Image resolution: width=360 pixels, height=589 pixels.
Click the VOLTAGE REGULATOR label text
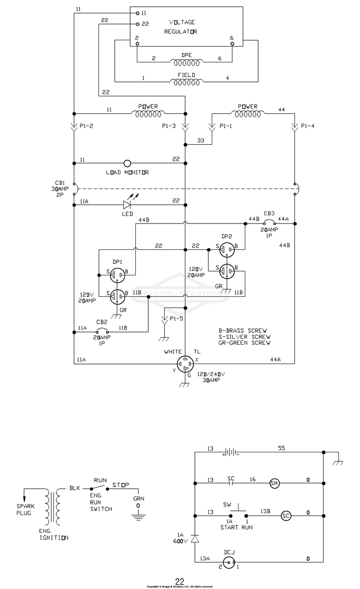click(x=181, y=27)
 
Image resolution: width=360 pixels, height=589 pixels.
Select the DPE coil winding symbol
click(x=186, y=62)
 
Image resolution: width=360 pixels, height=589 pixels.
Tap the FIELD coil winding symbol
click(x=186, y=82)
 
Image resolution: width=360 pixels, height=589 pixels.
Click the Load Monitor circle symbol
click(x=127, y=164)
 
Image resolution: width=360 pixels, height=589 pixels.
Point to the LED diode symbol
click(x=127, y=205)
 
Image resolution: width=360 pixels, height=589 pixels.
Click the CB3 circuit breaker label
click(x=269, y=213)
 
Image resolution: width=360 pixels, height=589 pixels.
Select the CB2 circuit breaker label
click(x=102, y=322)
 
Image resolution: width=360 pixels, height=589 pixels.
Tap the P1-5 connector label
click(x=176, y=318)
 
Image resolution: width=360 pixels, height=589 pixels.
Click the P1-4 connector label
click(x=308, y=126)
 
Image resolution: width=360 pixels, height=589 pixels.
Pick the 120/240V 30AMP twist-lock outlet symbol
click(x=185, y=364)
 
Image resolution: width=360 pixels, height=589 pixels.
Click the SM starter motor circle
click(x=275, y=483)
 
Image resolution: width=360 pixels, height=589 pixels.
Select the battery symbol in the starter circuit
click(x=231, y=452)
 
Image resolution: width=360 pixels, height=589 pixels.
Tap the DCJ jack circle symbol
click(x=229, y=563)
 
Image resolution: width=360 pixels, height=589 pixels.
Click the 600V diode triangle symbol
click(x=195, y=539)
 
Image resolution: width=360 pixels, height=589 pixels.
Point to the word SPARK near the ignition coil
click(x=25, y=506)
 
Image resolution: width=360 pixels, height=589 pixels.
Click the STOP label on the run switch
click(x=121, y=484)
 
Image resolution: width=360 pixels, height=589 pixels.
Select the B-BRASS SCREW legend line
click(x=242, y=330)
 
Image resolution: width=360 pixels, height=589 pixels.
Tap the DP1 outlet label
click(x=118, y=262)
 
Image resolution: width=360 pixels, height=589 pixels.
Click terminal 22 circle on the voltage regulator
click(x=137, y=24)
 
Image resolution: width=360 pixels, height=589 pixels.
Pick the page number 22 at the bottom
click(x=180, y=581)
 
